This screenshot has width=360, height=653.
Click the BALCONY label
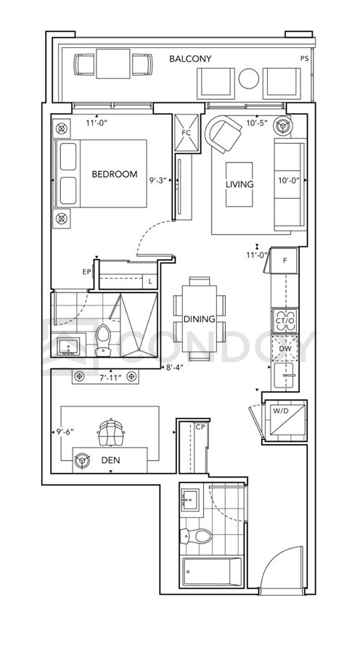click(x=190, y=59)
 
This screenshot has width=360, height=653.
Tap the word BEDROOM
click(x=115, y=174)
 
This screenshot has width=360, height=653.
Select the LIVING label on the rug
click(x=240, y=184)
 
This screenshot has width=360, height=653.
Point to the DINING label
click(x=200, y=319)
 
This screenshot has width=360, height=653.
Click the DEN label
click(x=111, y=460)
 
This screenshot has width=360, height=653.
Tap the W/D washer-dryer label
click(x=280, y=411)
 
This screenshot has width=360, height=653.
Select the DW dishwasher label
click(x=285, y=348)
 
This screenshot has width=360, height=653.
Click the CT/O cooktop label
click(x=285, y=320)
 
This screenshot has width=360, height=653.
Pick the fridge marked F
click(x=285, y=261)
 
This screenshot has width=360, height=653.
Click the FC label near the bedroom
click(x=187, y=133)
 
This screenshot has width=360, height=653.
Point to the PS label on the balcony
click(x=305, y=59)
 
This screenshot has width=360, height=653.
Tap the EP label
click(x=86, y=271)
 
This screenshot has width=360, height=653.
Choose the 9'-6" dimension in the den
click(x=65, y=432)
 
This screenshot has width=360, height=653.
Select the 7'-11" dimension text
click(x=111, y=377)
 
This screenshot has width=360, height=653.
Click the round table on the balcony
click(x=249, y=78)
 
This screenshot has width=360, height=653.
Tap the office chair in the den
click(x=111, y=432)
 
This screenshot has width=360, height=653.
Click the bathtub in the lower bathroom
click(x=212, y=572)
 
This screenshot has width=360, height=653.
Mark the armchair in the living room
click(x=224, y=134)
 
